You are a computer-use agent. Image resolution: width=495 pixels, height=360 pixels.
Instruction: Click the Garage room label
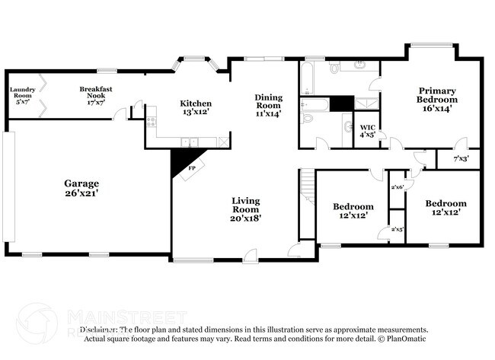[x=81, y=188]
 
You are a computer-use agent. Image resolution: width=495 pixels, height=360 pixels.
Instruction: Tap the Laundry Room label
[x=23, y=94]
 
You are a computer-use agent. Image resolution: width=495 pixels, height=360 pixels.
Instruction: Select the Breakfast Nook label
[x=96, y=94]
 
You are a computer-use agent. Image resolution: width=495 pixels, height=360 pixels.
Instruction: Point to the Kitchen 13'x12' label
[x=195, y=107]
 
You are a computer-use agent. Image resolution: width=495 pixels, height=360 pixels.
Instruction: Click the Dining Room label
[x=268, y=105]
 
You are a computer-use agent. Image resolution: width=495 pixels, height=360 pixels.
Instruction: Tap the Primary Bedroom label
[x=437, y=100]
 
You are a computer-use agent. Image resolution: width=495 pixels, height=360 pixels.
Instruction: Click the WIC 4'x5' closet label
[x=367, y=131]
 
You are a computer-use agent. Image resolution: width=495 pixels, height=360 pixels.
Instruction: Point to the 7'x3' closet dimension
[x=461, y=159]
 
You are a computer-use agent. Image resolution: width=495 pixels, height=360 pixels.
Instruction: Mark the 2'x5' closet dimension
[x=397, y=229]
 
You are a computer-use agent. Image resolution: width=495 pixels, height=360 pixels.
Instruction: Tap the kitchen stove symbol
[x=151, y=120]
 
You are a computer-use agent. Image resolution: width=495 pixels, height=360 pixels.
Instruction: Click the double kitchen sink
[x=189, y=142]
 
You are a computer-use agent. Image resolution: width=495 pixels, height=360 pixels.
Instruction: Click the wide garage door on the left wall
[x=9, y=186]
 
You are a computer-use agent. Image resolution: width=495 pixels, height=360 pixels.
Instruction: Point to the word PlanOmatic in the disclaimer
[x=407, y=339]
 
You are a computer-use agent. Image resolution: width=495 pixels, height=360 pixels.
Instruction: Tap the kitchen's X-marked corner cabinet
[x=222, y=142]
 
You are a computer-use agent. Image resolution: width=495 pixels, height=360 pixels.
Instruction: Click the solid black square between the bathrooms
[x=342, y=104]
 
